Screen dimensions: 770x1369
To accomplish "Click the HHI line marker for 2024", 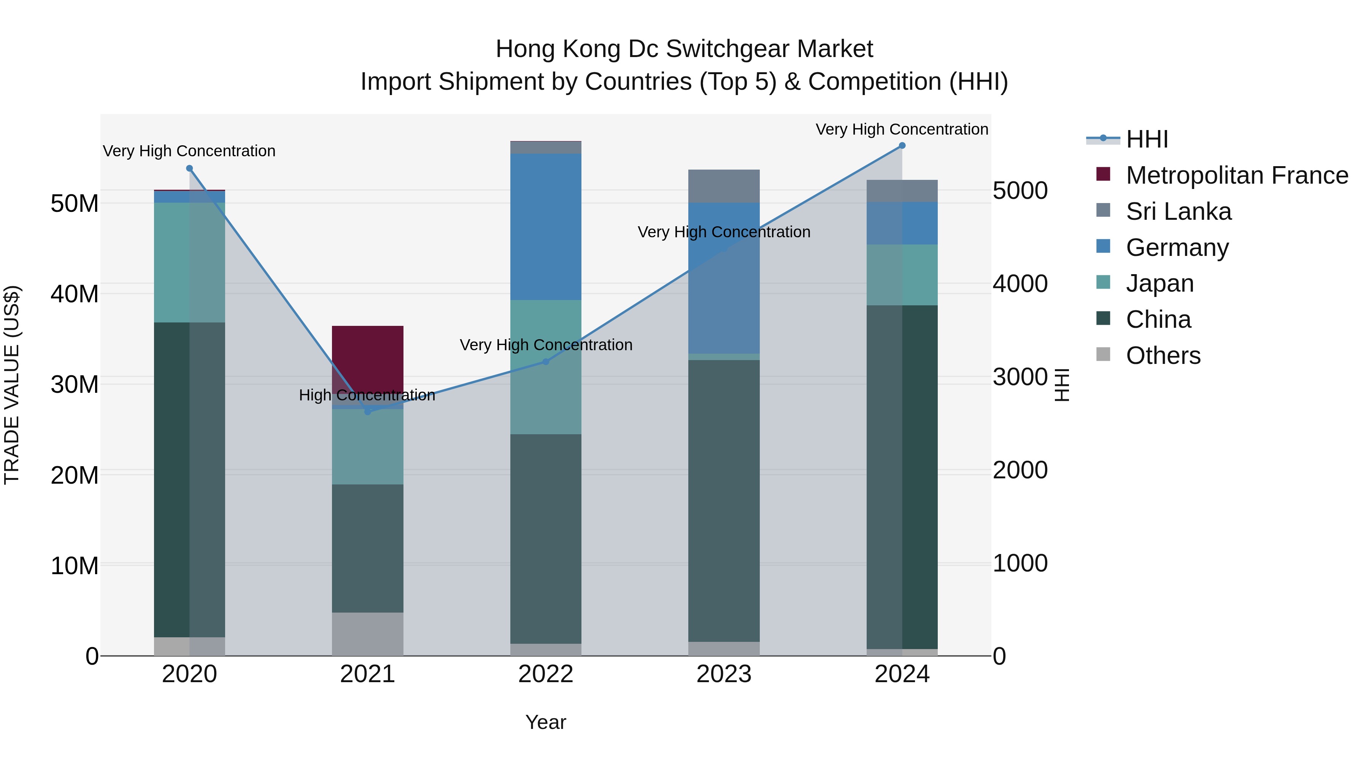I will [x=902, y=146].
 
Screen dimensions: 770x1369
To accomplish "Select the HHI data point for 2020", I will [x=190, y=168].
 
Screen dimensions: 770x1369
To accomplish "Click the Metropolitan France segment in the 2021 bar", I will [x=368, y=359].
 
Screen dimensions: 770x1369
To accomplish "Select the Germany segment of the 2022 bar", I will [x=546, y=227].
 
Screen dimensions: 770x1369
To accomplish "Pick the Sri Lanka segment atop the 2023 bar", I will [x=724, y=186].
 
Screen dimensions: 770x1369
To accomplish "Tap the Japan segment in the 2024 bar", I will [x=902, y=275].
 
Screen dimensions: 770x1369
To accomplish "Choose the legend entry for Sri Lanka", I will [x=1178, y=211].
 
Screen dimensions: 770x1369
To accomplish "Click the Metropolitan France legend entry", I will [x=1237, y=175].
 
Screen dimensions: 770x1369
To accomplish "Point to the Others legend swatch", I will [x=1103, y=354].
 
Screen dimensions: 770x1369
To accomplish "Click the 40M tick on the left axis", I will [x=75, y=294].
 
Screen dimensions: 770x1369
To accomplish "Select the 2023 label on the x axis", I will [x=724, y=674].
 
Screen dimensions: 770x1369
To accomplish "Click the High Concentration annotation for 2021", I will [x=367, y=395].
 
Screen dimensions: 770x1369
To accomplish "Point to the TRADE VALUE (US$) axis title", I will [x=12, y=385].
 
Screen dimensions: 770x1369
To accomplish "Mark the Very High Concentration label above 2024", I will [x=902, y=129].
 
